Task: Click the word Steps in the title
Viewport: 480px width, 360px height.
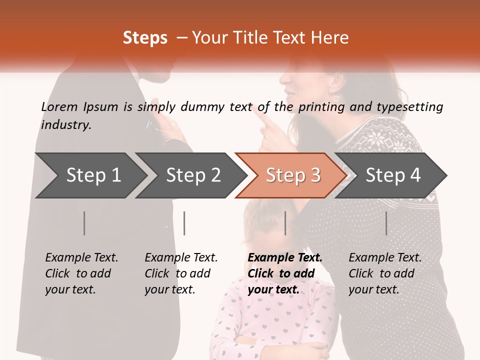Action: [x=145, y=38]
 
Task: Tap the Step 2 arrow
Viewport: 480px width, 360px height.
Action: [x=193, y=175]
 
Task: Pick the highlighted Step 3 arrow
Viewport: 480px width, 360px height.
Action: [x=293, y=175]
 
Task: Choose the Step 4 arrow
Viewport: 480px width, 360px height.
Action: [x=393, y=175]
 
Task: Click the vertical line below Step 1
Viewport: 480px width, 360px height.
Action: [x=84, y=223]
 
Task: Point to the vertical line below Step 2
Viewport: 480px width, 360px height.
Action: [x=184, y=223]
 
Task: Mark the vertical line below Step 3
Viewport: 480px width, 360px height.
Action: [x=285, y=223]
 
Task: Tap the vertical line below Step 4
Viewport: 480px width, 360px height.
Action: [x=386, y=223]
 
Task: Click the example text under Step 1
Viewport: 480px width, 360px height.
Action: [x=81, y=273]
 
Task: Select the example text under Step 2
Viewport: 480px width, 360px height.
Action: [x=181, y=273]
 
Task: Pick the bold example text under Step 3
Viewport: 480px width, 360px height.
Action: [x=285, y=273]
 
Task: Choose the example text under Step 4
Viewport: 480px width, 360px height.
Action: [x=385, y=273]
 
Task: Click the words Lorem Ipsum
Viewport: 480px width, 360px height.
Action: [x=79, y=107]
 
